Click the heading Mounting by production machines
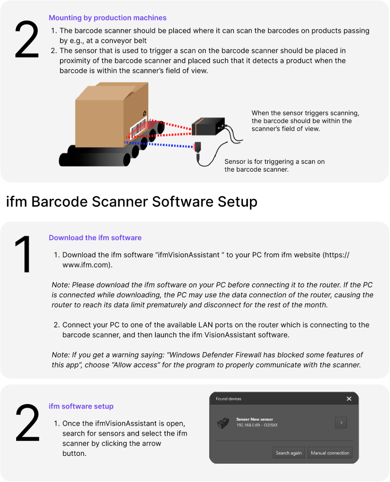pos(107,18)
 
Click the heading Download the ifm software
pos(95,238)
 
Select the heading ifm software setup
pos(81,406)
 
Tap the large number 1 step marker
pos(24,255)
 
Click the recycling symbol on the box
pos(144,114)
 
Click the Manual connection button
pos(330,453)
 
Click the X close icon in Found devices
pos(349,399)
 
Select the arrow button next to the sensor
pos(341,423)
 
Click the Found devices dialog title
pos(229,399)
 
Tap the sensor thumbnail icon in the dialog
pos(224,423)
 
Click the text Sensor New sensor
pos(254,419)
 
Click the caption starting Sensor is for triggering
pos(274,165)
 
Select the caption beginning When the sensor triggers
pos(305,121)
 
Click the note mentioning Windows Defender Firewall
pos(207,360)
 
